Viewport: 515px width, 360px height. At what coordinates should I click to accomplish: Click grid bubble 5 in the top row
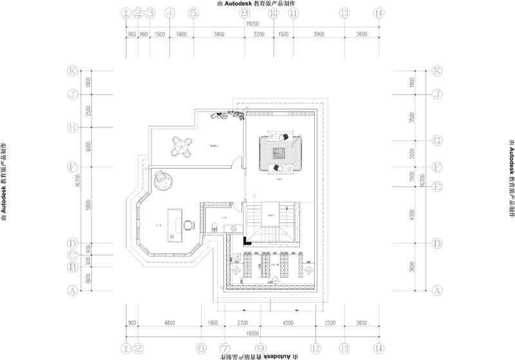193,13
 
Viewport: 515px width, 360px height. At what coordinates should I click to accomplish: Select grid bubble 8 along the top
244,13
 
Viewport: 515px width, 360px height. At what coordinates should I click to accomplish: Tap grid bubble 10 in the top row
274,13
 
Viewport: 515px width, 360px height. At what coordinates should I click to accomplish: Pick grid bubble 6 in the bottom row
201,347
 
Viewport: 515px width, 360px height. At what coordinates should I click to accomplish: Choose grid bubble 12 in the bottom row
315,347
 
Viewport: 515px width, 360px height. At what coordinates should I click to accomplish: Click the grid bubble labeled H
73,127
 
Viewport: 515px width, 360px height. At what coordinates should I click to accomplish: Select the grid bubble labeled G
438,140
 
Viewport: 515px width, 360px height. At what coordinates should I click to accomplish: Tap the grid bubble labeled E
438,187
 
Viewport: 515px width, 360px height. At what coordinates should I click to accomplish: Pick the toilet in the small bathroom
215,226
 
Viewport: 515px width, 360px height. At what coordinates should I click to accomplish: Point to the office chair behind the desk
189,225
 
